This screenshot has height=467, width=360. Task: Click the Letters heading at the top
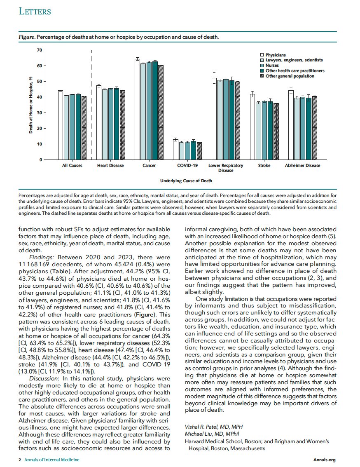35,12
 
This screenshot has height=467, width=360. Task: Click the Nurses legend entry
272,66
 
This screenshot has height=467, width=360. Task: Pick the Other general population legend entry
290,76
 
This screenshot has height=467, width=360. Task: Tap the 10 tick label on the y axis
40,144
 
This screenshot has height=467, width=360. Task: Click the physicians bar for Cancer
137,109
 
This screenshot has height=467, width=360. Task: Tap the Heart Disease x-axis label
108,166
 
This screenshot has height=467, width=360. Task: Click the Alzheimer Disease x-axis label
303,166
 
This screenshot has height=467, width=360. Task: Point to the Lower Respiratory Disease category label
226,168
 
